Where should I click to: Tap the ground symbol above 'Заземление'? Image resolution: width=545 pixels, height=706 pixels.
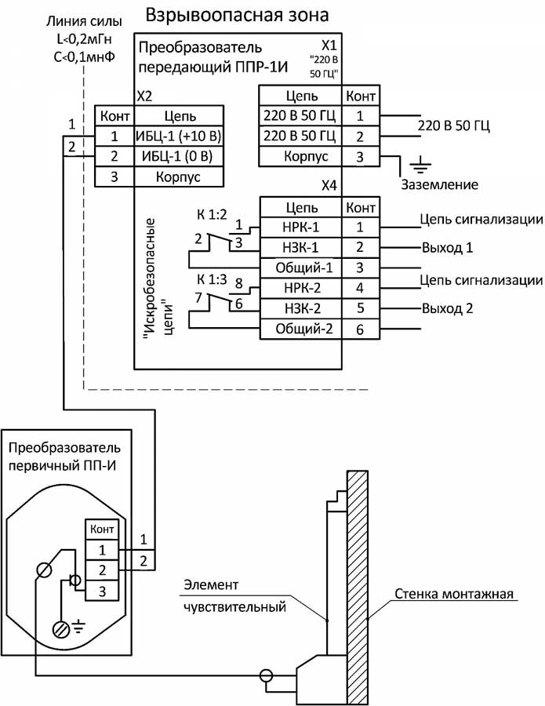coord(421,165)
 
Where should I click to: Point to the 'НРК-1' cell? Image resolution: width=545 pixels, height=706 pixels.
coord(302,227)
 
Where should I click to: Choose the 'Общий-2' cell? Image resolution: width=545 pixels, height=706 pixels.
coord(302,329)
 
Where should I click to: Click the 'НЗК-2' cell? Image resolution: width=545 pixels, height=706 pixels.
coord(302,308)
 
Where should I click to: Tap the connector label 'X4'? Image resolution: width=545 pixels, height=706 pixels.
coord(329,187)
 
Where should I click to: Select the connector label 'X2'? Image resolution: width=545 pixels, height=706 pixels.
coord(144,96)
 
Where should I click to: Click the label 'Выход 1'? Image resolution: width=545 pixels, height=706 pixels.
coord(447,247)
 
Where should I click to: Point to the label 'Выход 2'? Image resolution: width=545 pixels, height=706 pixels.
coord(447,308)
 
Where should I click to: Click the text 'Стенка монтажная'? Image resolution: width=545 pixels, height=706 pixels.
coord(454,594)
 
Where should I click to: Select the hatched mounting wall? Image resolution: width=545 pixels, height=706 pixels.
coord(358,580)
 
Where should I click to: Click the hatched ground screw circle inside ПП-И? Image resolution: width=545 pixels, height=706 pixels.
coord(60,629)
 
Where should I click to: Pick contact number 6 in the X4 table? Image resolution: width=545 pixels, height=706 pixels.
coord(360,329)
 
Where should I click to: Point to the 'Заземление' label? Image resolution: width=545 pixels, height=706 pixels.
coord(439,185)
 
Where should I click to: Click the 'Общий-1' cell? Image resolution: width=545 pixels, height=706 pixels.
coord(302,267)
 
